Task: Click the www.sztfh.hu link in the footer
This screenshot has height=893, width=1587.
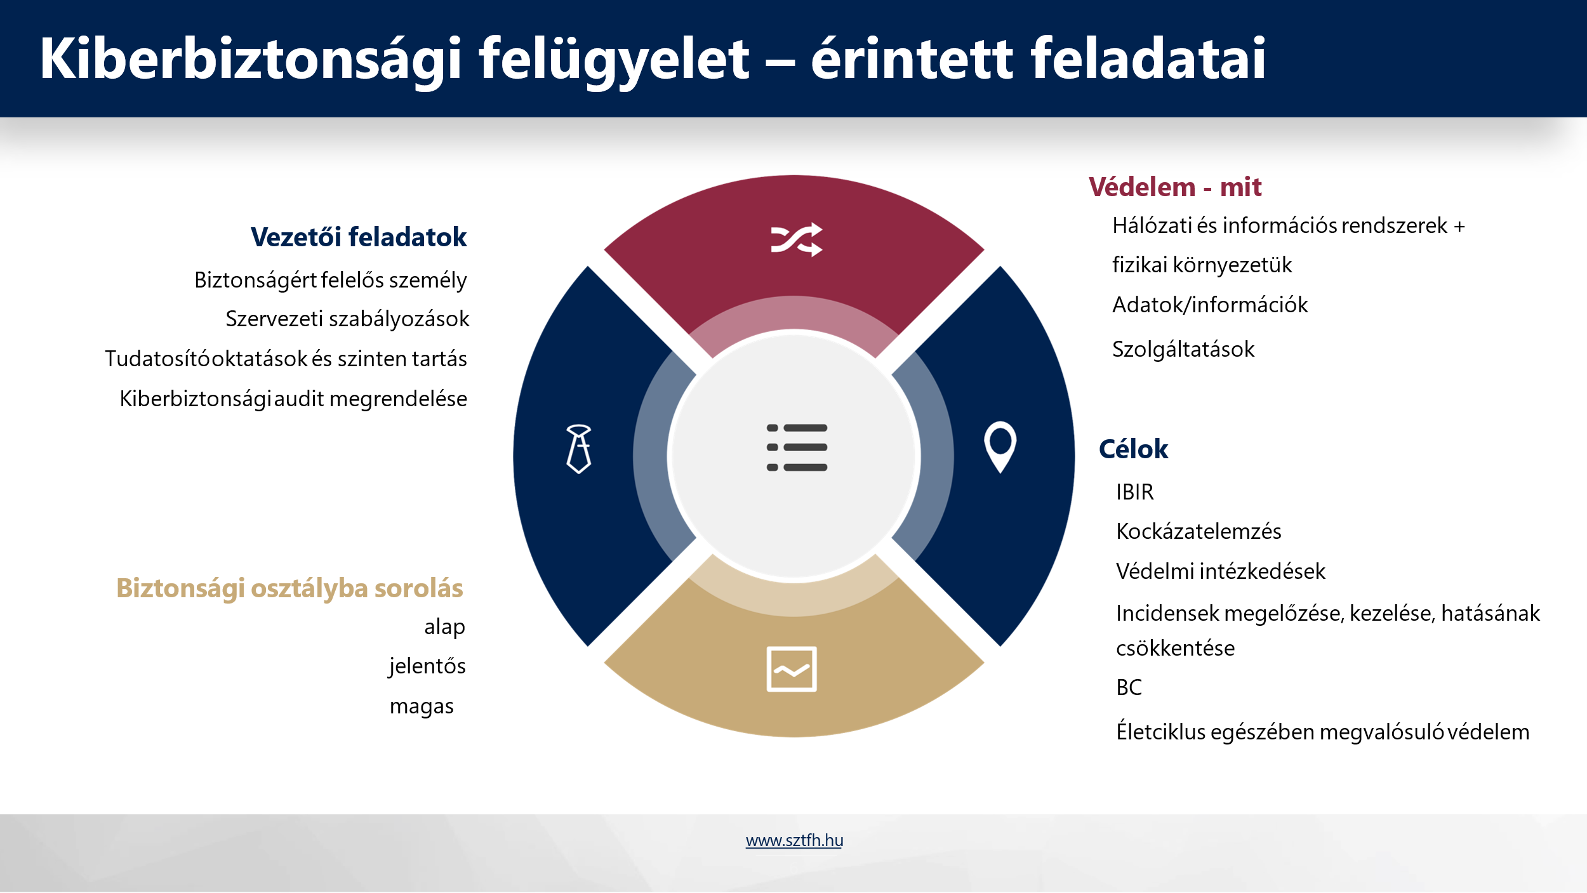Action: pos(794,840)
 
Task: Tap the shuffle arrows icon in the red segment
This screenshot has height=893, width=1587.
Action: pos(797,240)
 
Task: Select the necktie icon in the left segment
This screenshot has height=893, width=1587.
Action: pos(579,449)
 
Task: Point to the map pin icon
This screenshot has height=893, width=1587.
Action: pos(1000,447)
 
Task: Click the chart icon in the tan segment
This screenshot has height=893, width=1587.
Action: pos(792,669)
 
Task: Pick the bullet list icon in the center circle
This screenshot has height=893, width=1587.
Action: pos(797,447)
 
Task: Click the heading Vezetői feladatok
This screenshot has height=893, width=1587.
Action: pos(359,237)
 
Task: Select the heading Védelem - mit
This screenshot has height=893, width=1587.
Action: pos(1175,187)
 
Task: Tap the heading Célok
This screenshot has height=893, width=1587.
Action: pos(1133,449)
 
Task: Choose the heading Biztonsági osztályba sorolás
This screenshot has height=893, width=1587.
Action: pos(289,588)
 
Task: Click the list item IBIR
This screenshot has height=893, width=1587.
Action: pos(1135,492)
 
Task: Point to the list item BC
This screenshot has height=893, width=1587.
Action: pos(1129,687)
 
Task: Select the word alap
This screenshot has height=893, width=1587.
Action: pos(444,627)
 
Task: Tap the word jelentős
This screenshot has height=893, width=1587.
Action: pos(427,666)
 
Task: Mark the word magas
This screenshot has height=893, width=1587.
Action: pos(422,707)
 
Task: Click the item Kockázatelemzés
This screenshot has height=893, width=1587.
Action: pos(1199,531)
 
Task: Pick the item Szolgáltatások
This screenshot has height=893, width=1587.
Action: pos(1183,350)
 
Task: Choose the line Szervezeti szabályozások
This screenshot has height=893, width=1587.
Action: pos(347,319)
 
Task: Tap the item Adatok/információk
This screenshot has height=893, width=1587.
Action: pos(1210,305)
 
